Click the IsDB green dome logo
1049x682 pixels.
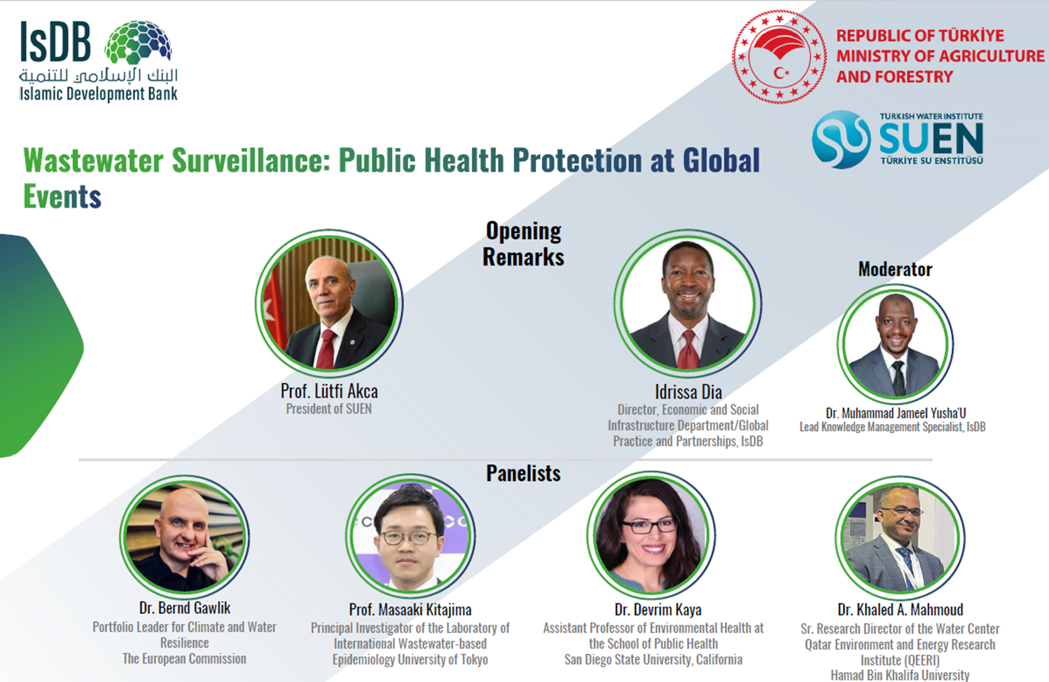coord(138,42)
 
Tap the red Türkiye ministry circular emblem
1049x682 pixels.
coord(779,56)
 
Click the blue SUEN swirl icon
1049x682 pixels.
coord(841,139)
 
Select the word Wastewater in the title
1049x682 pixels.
coord(93,161)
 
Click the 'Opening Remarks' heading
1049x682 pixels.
coord(524,244)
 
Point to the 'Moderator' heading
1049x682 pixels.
coord(895,269)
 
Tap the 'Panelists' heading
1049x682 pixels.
coord(523,473)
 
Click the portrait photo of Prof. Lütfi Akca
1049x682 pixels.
coord(329,304)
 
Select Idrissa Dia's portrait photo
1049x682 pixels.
coord(688,304)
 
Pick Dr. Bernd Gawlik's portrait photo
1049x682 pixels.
coord(184,537)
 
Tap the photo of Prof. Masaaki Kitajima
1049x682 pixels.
coord(410,537)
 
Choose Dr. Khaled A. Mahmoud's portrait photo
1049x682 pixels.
coord(900,538)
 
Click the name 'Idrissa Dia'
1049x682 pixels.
coord(688,392)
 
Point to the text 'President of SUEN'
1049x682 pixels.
coord(328,409)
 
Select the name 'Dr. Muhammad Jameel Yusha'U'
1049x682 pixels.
coord(896,413)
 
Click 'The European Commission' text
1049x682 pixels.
coord(184,659)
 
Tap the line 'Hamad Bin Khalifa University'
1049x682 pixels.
coord(900,675)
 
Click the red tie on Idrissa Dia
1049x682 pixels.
coord(688,349)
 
